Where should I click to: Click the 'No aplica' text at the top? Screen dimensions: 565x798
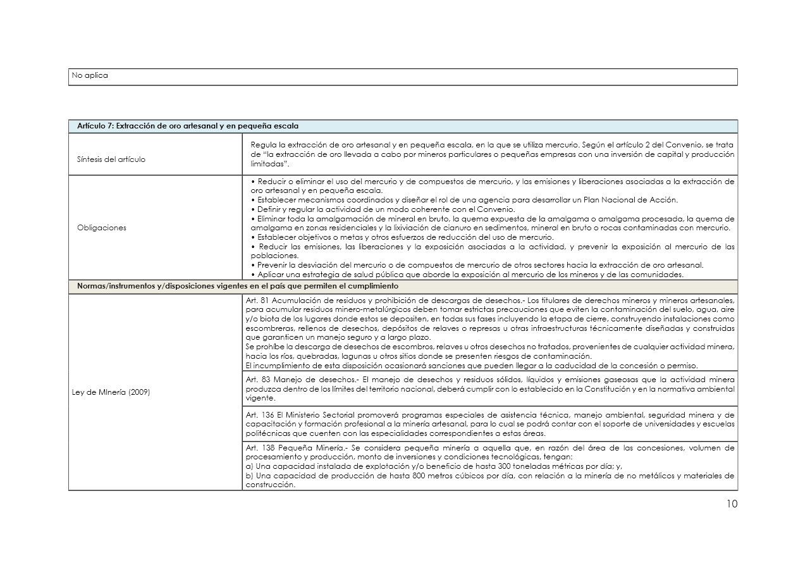90,75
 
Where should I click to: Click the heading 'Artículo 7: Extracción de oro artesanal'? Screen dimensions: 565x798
188,126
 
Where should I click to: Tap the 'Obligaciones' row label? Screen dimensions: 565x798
101,228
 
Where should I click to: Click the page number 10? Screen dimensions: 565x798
732,504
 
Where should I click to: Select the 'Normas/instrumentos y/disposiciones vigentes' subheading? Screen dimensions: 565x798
237,286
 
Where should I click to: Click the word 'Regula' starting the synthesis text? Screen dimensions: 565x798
262,145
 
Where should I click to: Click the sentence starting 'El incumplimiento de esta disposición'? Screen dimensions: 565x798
471,366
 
